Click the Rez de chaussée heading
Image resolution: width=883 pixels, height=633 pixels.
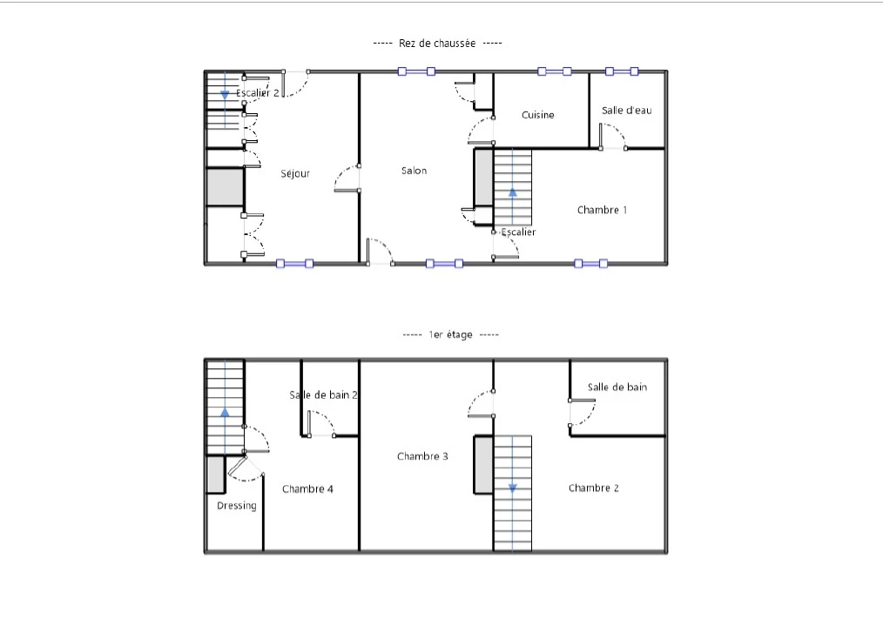(x=437, y=44)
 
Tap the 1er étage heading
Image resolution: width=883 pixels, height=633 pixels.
(x=450, y=334)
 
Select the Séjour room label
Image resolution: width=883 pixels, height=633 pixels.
(x=295, y=174)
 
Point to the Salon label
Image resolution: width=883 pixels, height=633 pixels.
(x=414, y=171)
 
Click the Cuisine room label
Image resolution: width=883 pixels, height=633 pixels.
(x=538, y=115)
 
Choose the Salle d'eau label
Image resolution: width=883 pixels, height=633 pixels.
(x=626, y=111)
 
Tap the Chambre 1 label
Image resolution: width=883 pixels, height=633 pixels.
(x=602, y=210)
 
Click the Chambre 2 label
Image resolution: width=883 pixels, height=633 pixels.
(x=594, y=488)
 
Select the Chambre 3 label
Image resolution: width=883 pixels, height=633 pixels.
(x=422, y=456)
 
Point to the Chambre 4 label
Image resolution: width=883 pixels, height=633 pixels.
(x=307, y=488)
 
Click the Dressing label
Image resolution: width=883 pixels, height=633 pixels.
(x=237, y=506)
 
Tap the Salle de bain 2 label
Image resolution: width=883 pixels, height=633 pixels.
(x=323, y=394)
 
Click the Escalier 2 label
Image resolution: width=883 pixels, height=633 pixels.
(x=258, y=93)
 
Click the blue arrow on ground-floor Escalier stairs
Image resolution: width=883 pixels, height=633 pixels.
(x=512, y=192)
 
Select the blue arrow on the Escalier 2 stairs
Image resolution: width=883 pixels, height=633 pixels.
(x=225, y=95)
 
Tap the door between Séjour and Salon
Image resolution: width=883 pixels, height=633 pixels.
(x=347, y=178)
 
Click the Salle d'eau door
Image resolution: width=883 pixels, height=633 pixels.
(x=613, y=137)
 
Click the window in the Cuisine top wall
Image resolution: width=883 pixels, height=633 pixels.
(x=554, y=71)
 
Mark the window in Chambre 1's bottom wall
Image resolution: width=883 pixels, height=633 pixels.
(x=590, y=263)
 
